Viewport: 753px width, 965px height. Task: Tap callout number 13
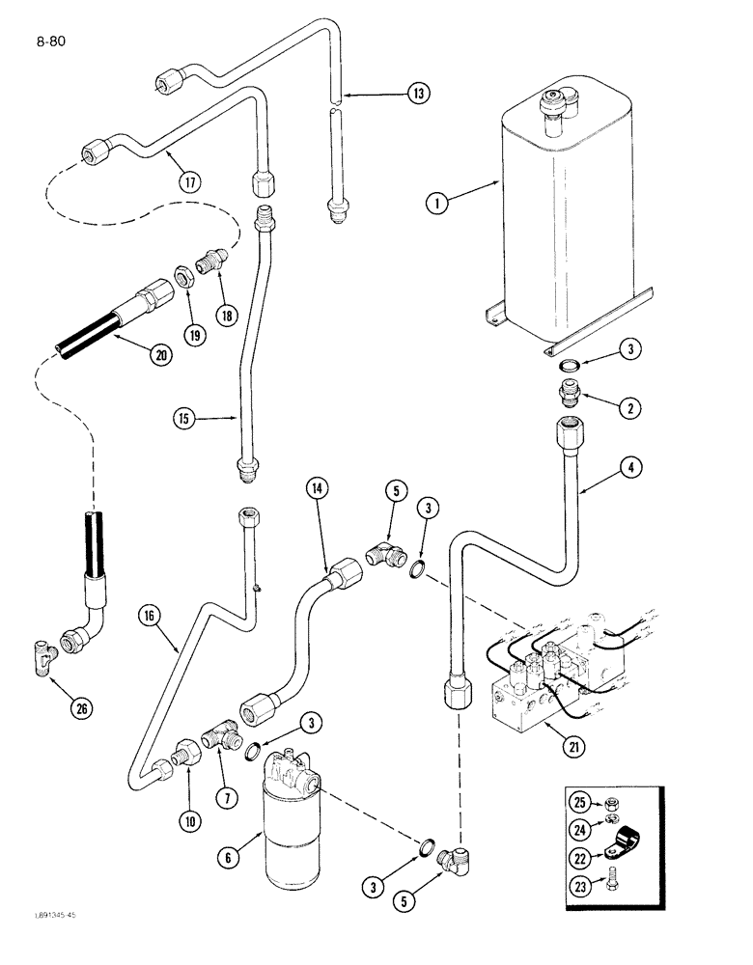(x=417, y=94)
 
